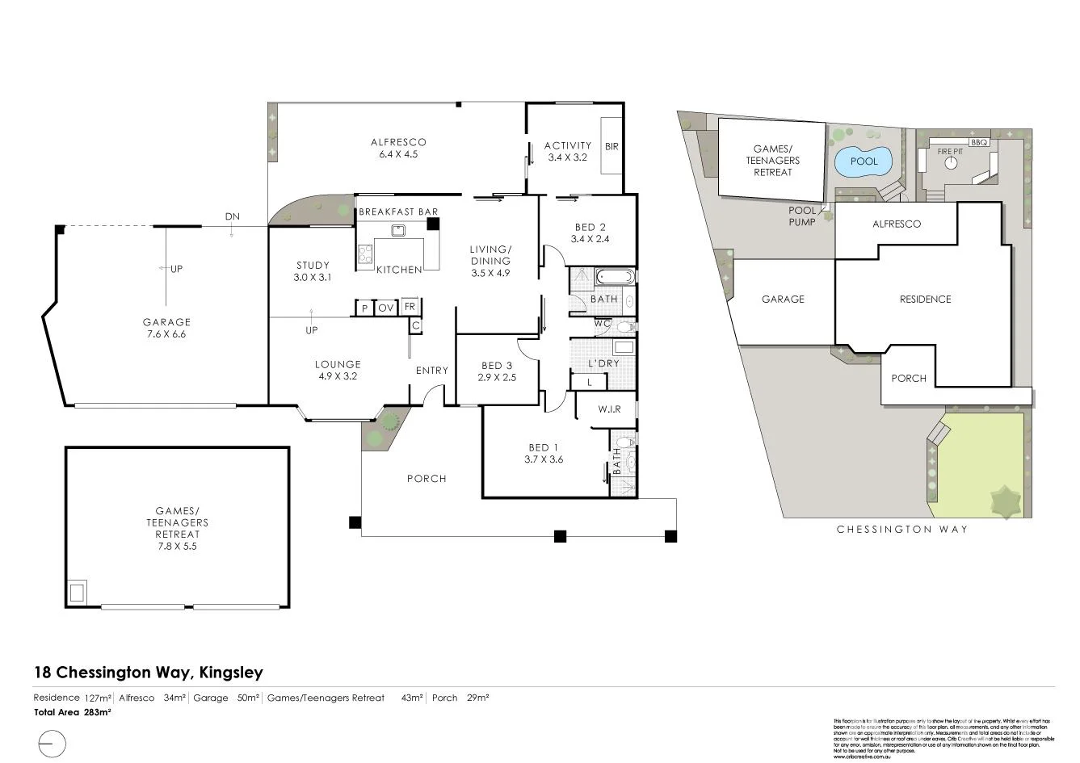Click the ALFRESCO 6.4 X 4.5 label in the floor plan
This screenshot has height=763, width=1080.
coord(399,148)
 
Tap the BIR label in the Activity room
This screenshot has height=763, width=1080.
coord(611,146)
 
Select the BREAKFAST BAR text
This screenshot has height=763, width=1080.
coord(398,212)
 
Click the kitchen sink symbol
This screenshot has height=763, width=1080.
coord(397,231)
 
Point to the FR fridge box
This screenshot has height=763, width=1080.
coord(410,307)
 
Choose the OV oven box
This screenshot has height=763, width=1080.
coord(386,308)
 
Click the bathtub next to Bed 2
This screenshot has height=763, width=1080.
coord(616,278)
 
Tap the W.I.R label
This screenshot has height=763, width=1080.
coord(610,409)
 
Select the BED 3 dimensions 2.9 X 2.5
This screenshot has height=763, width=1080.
coord(497,377)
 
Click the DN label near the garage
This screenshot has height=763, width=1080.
coord(232,217)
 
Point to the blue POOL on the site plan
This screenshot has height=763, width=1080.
coord(864,161)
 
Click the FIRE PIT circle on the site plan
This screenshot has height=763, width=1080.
coord(951,163)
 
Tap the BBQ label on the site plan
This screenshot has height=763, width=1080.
coord(979,142)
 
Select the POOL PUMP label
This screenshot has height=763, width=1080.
coord(802,216)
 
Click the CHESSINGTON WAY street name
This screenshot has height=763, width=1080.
coord(901,530)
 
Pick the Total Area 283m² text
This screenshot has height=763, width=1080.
coord(72,712)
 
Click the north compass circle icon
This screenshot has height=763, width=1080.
coord(52,743)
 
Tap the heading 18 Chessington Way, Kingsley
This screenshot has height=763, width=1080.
coord(148,672)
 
